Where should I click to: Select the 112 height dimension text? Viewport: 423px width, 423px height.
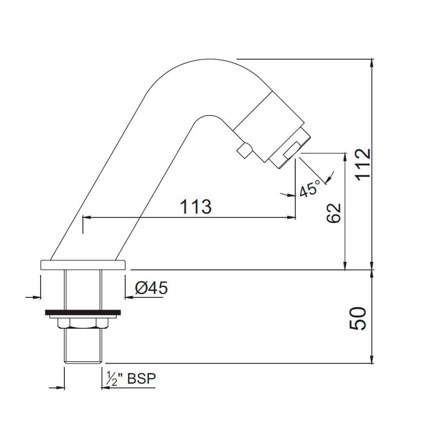363,164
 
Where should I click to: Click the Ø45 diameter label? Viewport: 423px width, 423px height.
151,288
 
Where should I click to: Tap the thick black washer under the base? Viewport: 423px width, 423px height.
83,313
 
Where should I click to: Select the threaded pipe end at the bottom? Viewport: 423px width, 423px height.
83,348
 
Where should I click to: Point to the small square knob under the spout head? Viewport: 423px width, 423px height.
244,151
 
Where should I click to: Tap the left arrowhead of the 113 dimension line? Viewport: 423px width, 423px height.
85,217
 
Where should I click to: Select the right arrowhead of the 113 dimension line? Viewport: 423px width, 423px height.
292,217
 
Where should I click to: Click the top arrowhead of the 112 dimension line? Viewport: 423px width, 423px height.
373,62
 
